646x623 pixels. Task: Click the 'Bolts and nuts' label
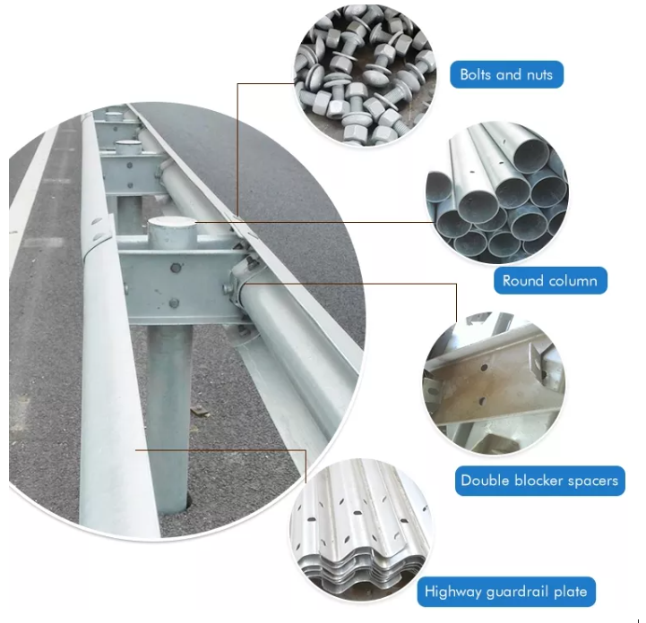(x=506, y=74)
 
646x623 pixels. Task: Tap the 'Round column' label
(x=550, y=281)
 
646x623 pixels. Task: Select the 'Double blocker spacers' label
(x=539, y=481)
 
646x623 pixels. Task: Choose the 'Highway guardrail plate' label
(x=506, y=592)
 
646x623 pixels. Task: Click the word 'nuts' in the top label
(x=539, y=75)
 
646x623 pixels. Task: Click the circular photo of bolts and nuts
(x=365, y=75)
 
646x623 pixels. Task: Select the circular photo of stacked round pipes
(x=497, y=192)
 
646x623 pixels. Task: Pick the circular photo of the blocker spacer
(x=494, y=383)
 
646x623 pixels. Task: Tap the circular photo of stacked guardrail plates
(x=361, y=530)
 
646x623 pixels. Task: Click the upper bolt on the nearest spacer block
(x=176, y=269)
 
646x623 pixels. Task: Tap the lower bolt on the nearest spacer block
(x=174, y=303)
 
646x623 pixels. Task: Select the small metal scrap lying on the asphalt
(x=200, y=410)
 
